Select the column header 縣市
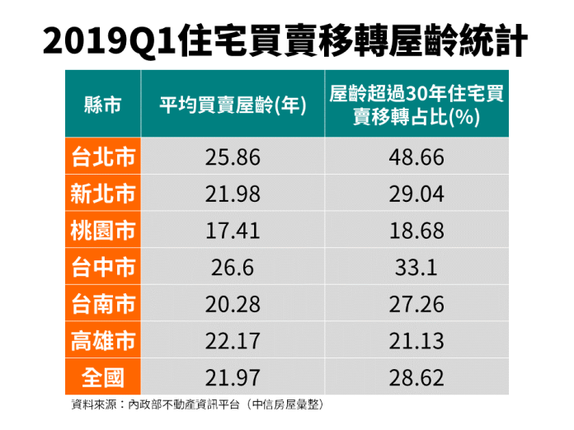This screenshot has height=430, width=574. coord(103,105)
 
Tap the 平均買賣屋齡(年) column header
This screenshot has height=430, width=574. coord(233,105)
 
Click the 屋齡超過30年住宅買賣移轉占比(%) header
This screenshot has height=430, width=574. coord(416,105)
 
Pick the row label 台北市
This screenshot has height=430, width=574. coord(103,157)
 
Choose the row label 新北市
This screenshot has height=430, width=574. coord(103,194)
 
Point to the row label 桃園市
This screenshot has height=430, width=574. coord(103,231)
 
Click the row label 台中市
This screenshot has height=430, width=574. coord(103,267)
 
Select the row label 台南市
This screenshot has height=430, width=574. coord(103,304)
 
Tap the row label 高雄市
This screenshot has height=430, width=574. coord(103,340)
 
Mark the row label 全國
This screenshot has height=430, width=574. coord(103,377)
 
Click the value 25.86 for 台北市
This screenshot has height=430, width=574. coord(233,157)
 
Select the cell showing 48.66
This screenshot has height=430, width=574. coord(416,157)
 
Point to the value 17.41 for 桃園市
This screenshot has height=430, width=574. coord(233,231)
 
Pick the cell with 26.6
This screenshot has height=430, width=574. coord(233,268)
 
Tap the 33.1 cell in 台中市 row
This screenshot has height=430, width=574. coord(416,268)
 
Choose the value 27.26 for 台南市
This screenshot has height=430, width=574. coord(416,304)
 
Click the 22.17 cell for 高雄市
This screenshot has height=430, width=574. coord(233,341)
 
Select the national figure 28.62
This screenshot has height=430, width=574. coord(416,377)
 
